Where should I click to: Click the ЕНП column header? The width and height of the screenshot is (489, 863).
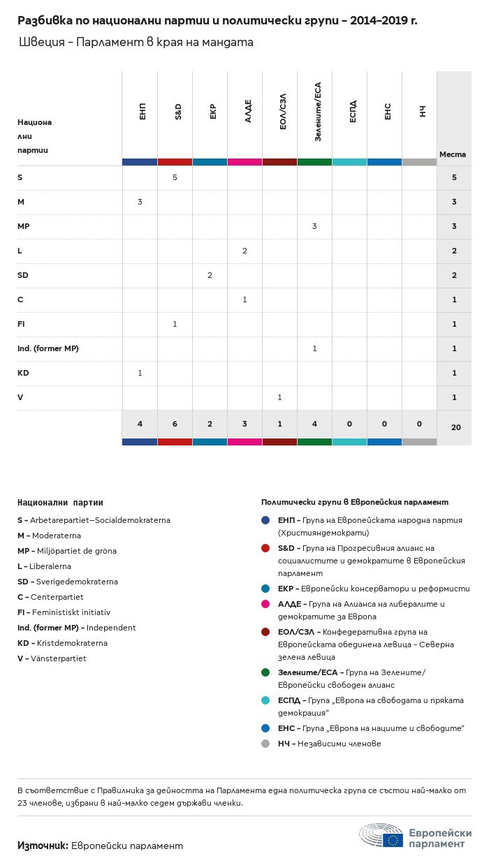pos(143,111)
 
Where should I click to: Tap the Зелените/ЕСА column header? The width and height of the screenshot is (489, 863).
pos(318,112)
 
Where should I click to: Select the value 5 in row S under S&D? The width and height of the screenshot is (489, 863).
pos(175,177)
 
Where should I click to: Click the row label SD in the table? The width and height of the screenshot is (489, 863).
pos(23,275)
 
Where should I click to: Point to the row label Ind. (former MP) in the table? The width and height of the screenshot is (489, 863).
pos(48,348)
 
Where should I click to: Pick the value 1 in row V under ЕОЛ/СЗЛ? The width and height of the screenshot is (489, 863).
pos(279,397)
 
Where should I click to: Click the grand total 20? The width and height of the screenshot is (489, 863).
pos(456,427)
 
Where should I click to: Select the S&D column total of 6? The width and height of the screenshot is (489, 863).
pos(175,424)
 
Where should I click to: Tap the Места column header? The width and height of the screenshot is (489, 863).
pos(453,154)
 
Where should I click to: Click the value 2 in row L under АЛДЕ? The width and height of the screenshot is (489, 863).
pos(245,251)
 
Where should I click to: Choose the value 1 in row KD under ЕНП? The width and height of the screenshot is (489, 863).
pos(140,373)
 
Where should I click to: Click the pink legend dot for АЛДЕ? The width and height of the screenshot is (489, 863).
pos(265,604)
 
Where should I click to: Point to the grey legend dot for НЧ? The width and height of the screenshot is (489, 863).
pos(265,744)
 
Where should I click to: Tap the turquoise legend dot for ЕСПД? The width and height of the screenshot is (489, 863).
pos(265,700)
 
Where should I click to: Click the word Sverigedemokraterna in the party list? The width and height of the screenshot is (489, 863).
pos(77,582)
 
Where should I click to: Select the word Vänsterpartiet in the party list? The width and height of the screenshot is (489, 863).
pos(59,658)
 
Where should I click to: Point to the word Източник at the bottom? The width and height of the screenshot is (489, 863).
pos(43,846)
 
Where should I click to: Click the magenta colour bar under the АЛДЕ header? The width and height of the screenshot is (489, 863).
pos(245,162)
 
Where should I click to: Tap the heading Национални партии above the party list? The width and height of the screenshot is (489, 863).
pos(60,503)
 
